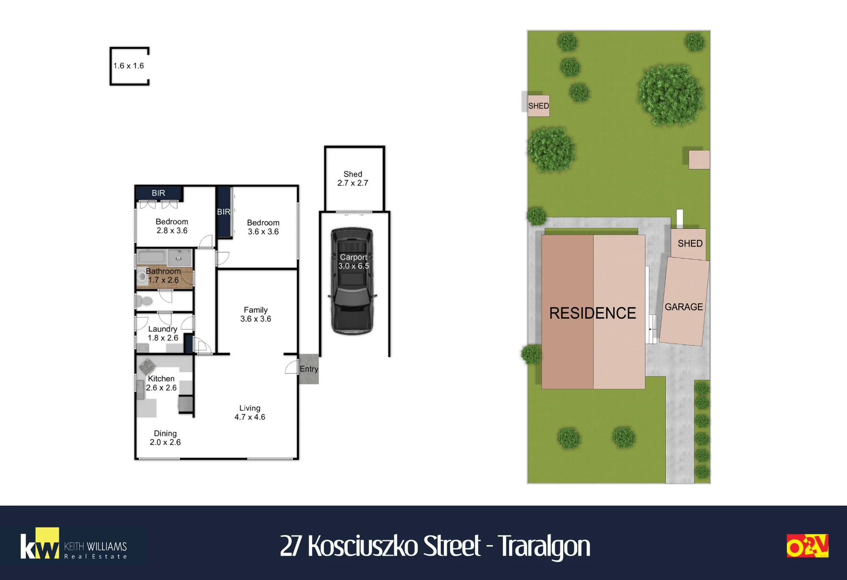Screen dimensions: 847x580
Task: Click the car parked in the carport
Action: [x=352, y=281]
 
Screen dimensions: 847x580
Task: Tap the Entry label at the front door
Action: [x=309, y=369]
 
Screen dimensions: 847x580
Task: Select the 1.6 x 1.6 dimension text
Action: [x=129, y=66]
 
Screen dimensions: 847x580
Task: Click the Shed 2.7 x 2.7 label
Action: [x=353, y=178]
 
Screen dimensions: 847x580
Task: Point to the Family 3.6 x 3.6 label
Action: [x=256, y=314]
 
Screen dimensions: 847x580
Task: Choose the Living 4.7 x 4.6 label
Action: [x=250, y=413]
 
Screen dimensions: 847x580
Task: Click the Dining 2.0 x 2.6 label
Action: [x=165, y=438]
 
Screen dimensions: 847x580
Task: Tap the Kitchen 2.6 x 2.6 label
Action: [x=161, y=383]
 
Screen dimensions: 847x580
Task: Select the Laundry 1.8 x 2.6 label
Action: [x=163, y=333]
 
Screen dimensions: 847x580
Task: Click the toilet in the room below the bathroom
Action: [x=144, y=301]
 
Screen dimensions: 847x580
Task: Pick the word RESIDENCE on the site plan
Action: [x=592, y=313]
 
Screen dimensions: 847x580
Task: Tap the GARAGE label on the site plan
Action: [x=684, y=307]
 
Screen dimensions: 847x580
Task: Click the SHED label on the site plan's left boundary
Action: [x=539, y=106]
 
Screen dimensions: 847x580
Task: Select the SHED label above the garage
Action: [x=690, y=243]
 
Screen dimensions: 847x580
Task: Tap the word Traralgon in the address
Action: [x=544, y=546]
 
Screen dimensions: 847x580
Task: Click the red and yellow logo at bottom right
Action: [x=807, y=546]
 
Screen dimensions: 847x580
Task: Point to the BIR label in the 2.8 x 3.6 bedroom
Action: [x=158, y=193]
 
